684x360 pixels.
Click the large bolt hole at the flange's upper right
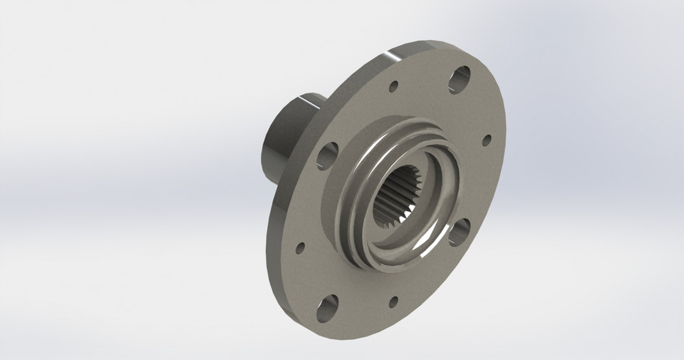(460, 79)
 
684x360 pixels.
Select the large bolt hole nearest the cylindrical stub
(326, 155)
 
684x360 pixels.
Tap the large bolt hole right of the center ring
(459, 232)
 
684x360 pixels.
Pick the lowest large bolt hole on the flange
(328, 309)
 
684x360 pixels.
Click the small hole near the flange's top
(393, 87)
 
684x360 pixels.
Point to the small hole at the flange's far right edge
(487, 140)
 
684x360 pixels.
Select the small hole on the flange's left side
(300, 248)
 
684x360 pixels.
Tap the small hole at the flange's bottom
(393, 302)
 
